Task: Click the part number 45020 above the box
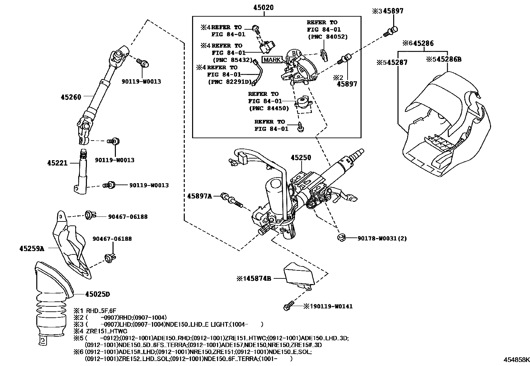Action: pos(263,7)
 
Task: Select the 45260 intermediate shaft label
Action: pos(71,97)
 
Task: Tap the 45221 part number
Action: pos(57,163)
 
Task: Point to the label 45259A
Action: pos(32,248)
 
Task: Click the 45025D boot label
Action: pos(98,294)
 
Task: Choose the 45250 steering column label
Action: pos(301,157)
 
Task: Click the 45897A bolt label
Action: pos(199,196)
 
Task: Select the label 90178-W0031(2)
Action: pos(382,238)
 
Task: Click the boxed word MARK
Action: pos(272,60)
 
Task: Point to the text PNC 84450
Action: pos(269,108)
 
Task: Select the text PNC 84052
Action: pos(328,37)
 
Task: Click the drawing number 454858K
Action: pos(516,360)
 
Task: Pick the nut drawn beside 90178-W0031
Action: pos(341,237)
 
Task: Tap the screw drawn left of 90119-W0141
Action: pos(288,306)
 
